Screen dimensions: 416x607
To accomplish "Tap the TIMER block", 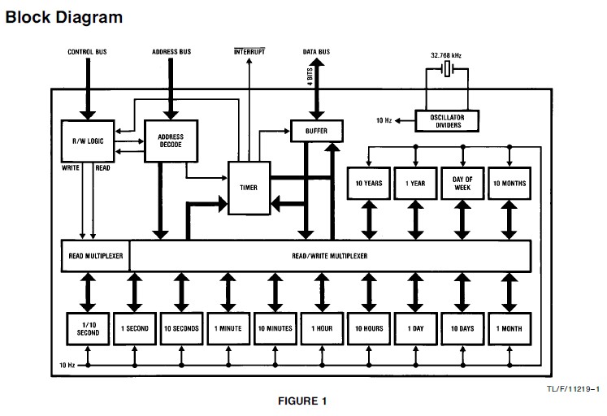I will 249,187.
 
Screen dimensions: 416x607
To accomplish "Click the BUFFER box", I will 316,129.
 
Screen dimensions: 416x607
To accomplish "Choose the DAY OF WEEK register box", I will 462,184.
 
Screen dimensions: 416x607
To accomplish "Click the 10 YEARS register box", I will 368,184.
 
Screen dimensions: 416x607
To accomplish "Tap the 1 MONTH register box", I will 509,329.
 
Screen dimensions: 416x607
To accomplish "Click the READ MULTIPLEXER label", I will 95,255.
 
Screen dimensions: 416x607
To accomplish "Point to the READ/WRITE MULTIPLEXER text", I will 329,255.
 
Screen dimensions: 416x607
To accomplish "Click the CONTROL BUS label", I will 86,52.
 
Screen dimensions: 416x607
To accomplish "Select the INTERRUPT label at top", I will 249,52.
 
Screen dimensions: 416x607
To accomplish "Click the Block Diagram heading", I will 64,17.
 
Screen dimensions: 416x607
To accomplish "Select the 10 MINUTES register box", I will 274,329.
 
